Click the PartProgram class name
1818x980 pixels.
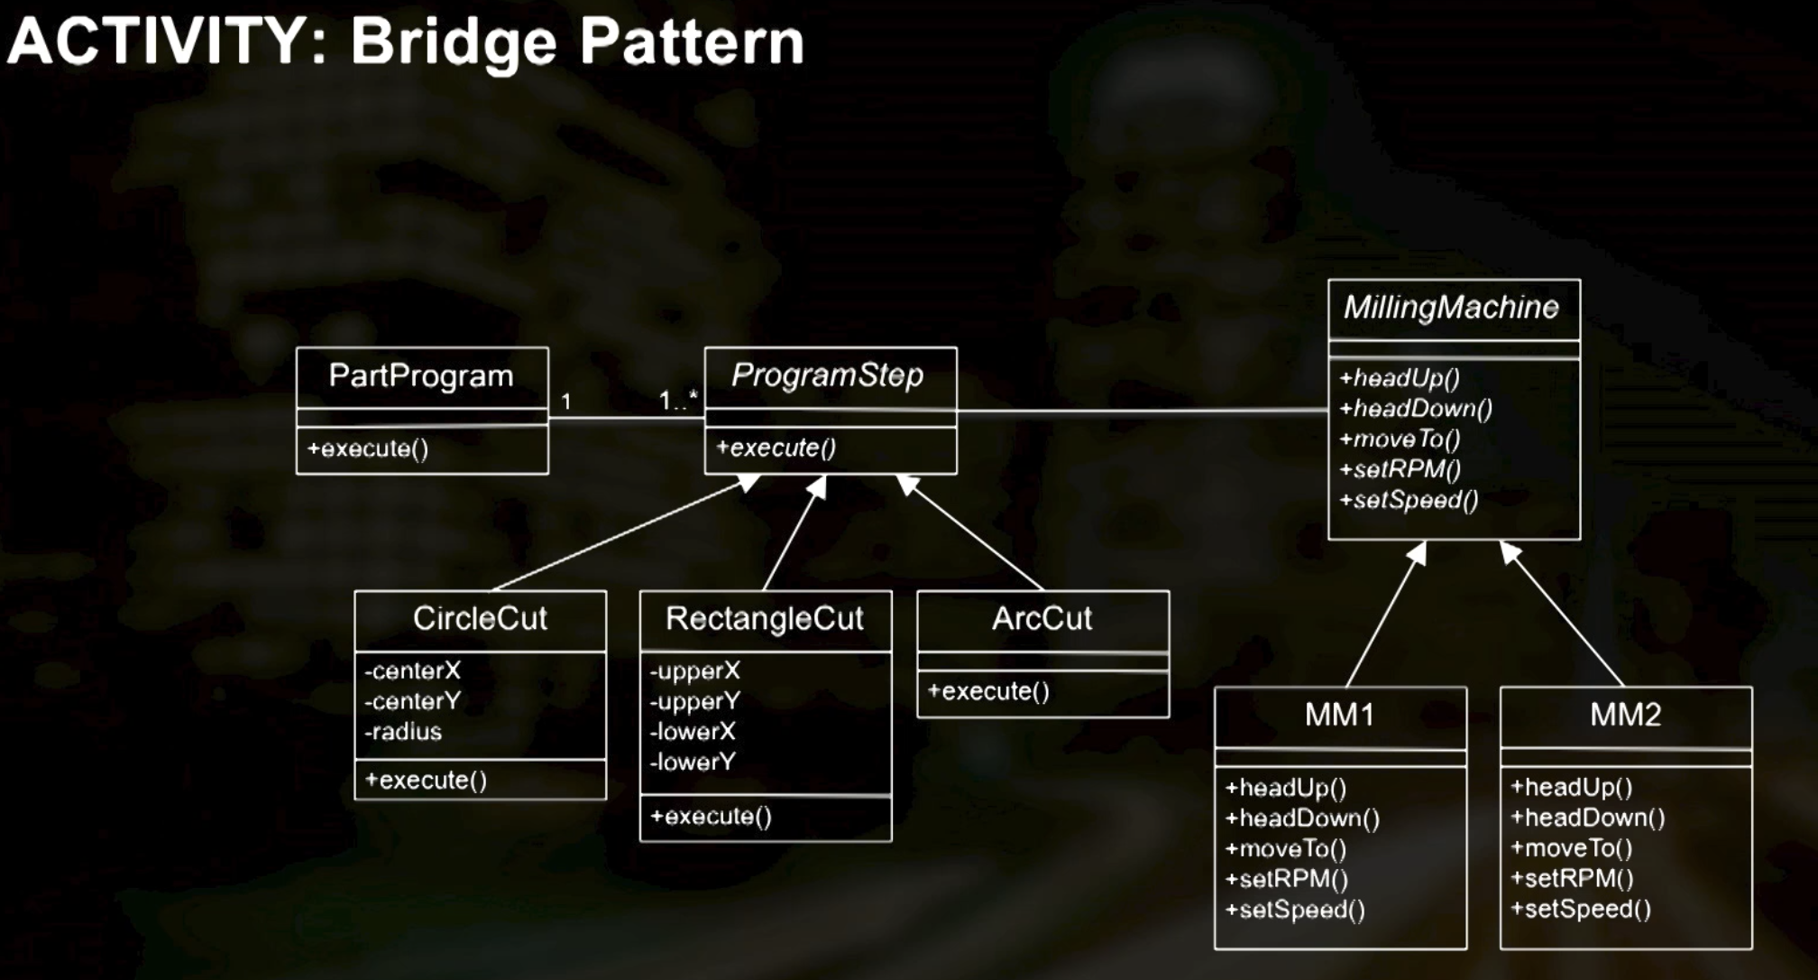pos(420,375)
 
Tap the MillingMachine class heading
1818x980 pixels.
pos(1451,308)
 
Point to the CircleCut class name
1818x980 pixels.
pos(480,619)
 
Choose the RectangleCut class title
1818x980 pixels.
pos(764,619)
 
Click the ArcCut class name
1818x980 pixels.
pos(1042,619)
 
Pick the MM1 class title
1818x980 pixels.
pos(1339,715)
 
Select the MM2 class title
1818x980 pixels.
pos(1625,715)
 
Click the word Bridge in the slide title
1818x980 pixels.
pos(454,42)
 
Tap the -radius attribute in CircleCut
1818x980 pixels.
pos(403,732)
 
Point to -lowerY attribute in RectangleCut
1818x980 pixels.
pos(693,763)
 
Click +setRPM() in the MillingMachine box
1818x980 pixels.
pos(1400,469)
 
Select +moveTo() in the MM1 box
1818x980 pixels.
pos(1285,849)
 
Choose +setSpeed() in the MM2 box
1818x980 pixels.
pos(1581,909)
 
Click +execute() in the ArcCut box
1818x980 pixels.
pos(988,691)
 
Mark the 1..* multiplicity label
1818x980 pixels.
pos(678,400)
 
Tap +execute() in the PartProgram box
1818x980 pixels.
pos(368,448)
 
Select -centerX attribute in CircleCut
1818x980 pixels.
pos(412,671)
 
